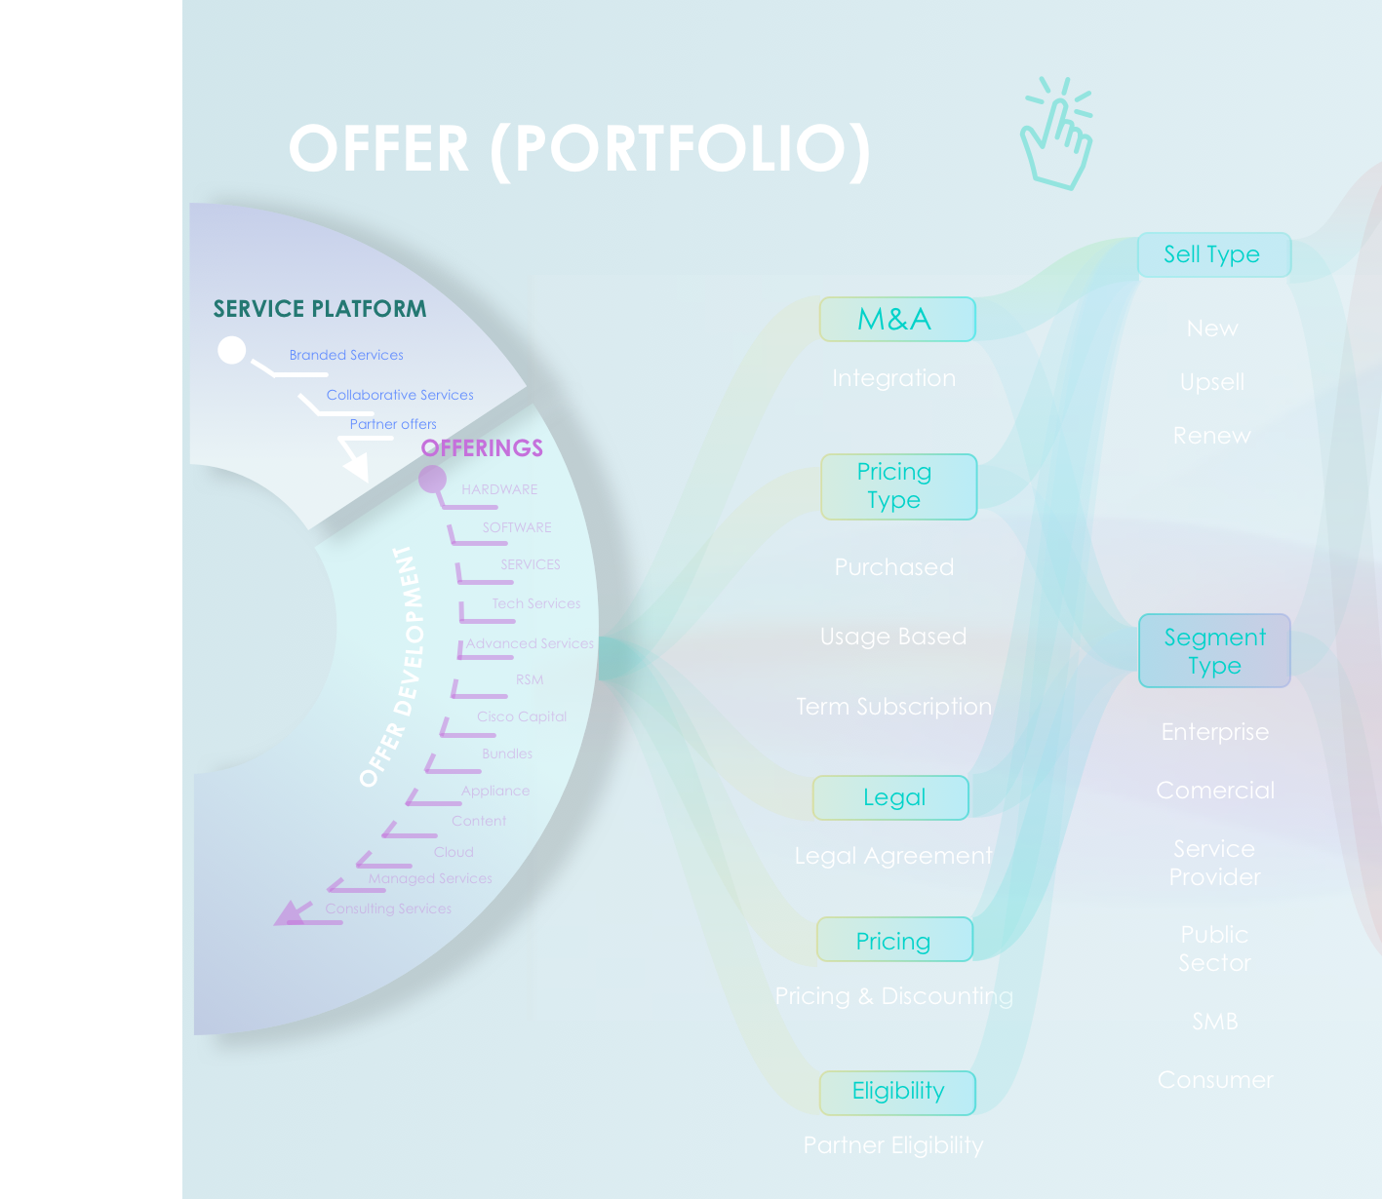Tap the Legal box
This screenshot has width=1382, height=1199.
pyautogui.click(x=891, y=797)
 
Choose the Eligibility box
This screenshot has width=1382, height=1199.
pyautogui.click(x=897, y=1092)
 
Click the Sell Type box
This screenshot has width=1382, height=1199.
pyautogui.click(x=1214, y=254)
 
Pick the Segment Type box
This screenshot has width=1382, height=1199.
pyautogui.click(x=1214, y=651)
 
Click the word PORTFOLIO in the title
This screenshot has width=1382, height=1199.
pyautogui.click(x=680, y=150)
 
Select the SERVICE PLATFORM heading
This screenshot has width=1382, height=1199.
pyautogui.click(x=320, y=309)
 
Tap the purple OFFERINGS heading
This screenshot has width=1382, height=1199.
pyautogui.click(x=482, y=448)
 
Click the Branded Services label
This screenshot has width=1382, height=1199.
pyautogui.click(x=346, y=355)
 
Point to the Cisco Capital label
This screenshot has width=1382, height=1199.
pyautogui.click(x=522, y=716)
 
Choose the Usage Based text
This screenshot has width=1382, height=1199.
pyautogui.click(x=893, y=637)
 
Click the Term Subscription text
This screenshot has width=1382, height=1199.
pyautogui.click(x=893, y=707)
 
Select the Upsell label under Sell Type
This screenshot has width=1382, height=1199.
pyautogui.click(x=1212, y=382)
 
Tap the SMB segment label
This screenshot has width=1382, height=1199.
pyautogui.click(x=1215, y=1022)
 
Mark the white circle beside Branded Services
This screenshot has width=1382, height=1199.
pyautogui.click(x=232, y=350)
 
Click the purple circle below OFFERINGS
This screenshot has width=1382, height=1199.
pyautogui.click(x=432, y=480)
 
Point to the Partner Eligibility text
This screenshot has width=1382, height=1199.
pyautogui.click(x=893, y=1145)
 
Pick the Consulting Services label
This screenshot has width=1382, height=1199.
pyautogui.click(x=388, y=909)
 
